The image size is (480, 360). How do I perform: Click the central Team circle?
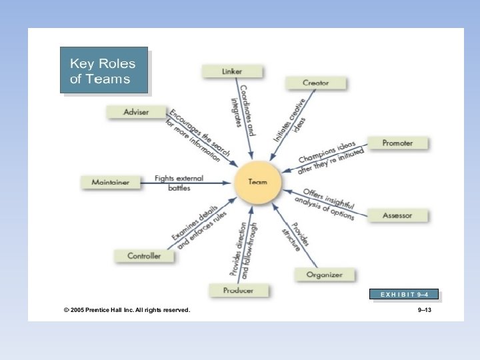pos(257,182)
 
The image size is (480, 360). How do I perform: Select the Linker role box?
pos(232,71)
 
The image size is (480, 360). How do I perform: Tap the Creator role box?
pos(316,83)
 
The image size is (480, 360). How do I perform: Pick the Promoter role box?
pos(397,143)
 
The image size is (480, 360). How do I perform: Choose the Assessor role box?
pos(397,215)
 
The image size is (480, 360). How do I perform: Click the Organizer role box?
pos(324,275)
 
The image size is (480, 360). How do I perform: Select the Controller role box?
pos(144,255)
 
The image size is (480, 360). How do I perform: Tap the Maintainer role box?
pos(110,182)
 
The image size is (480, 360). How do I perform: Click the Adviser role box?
pos(136,112)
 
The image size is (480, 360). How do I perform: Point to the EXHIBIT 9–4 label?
pos(404,294)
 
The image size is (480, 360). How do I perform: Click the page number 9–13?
pos(425,310)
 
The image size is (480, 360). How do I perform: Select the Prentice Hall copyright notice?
pos(127,310)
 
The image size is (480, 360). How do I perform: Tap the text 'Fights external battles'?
pos(179,183)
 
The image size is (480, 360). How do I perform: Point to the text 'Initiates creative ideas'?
pos(292,120)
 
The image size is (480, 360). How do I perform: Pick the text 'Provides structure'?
pos(294,234)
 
